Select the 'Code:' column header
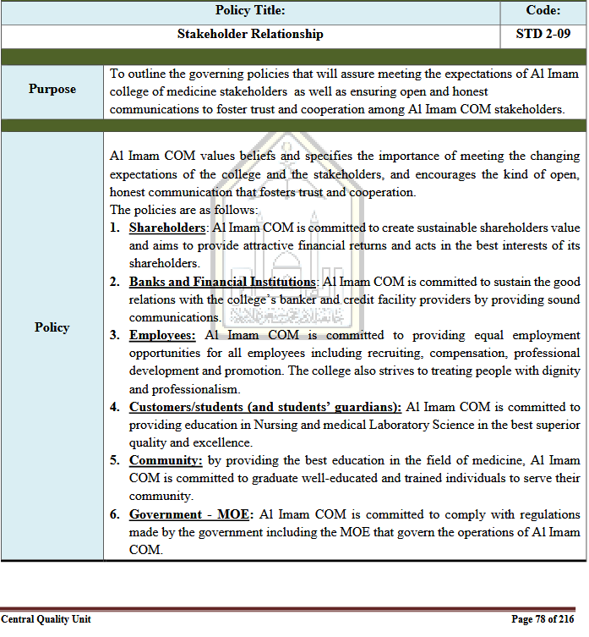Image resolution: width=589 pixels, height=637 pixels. tap(543, 11)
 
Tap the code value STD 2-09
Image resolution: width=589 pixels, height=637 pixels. tap(543, 35)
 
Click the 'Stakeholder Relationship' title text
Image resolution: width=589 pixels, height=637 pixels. tap(250, 35)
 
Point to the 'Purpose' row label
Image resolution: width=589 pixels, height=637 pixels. tap(52, 89)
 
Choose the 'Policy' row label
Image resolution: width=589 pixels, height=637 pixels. tap(52, 327)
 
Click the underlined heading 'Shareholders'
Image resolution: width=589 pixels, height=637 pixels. tap(167, 228)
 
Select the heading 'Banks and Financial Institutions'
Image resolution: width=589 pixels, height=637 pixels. tap(222, 282)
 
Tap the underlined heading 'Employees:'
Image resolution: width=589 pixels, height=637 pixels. tap(162, 336)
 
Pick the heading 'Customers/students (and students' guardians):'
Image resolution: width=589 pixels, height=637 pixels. tap(265, 407)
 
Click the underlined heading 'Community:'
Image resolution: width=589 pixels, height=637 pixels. tap(166, 460)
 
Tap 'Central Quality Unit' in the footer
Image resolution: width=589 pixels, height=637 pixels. tap(46, 619)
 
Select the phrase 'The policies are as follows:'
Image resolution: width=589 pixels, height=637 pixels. tap(183, 210)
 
